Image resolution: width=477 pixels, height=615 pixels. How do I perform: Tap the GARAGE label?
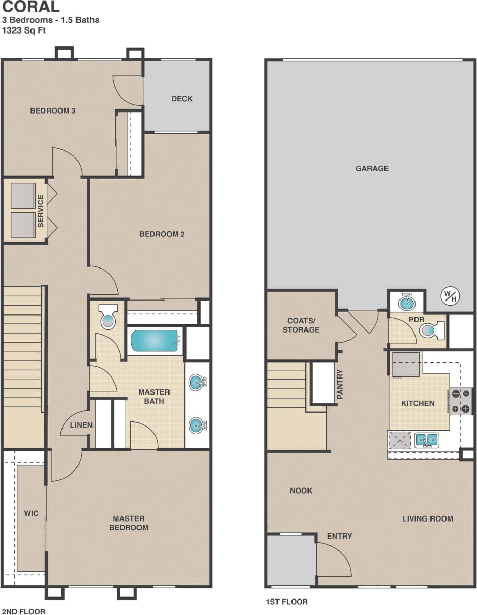[x=372, y=168]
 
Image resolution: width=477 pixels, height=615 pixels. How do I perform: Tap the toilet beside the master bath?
[x=108, y=317]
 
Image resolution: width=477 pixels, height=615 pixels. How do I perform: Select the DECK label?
[x=182, y=99]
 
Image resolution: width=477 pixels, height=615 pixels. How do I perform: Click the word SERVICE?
[x=41, y=211]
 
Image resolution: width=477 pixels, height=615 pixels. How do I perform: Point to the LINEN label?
[x=81, y=425]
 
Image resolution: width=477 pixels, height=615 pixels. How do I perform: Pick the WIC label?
[x=31, y=514]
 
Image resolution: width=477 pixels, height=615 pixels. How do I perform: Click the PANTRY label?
[x=340, y=384]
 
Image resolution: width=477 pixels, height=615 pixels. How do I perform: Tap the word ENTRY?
[x=340, y=536]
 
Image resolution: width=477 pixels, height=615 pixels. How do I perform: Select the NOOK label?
[x=301, y=491]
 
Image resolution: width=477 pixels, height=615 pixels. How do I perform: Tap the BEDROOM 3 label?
[x=53, y=111]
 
